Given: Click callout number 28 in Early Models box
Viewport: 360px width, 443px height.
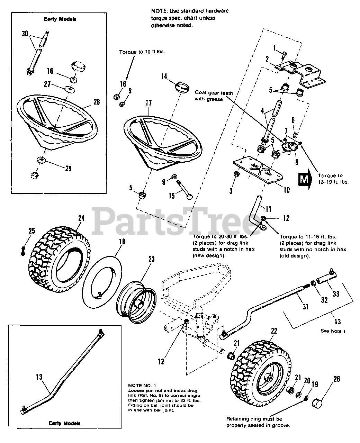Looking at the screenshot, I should (x=96, y=102).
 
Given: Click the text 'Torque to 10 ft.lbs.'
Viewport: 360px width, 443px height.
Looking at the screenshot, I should (x=142, y=52).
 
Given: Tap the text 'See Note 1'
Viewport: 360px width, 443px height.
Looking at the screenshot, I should (x=333, y=331).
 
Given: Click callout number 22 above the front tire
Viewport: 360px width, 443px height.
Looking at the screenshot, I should (x=274, y=331).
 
